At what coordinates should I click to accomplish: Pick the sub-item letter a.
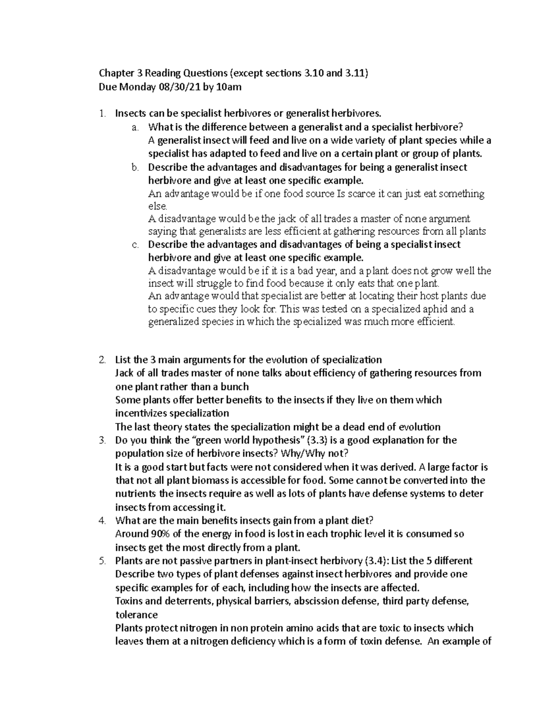135,127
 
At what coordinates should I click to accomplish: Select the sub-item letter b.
135,167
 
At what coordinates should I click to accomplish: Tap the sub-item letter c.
135,245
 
